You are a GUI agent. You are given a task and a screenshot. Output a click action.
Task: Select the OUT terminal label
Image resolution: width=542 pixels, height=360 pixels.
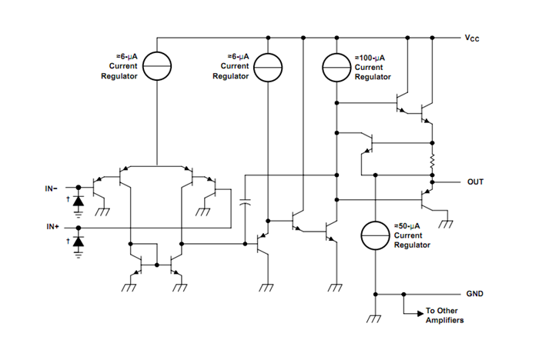coord(476,182)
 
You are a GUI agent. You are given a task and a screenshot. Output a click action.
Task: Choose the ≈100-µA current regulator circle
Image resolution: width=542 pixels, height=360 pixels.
coord(336,67)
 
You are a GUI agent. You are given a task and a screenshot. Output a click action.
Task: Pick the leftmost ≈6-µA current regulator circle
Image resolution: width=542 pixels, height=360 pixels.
coord(158,67)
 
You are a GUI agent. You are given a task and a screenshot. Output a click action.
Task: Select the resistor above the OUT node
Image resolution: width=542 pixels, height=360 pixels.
coord(433,162)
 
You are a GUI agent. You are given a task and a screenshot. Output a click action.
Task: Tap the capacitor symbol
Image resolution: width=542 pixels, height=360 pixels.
coord(246,203)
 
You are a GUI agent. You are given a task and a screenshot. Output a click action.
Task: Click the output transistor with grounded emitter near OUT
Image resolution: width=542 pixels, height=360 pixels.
coord(428,200)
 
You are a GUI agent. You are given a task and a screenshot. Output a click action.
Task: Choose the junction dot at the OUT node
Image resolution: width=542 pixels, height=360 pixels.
coord(433,182)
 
